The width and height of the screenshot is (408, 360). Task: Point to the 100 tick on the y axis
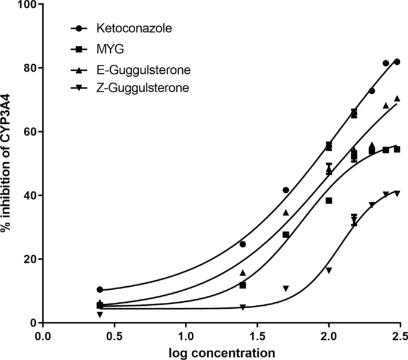26,4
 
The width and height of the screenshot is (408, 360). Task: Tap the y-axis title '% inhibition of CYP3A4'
7,163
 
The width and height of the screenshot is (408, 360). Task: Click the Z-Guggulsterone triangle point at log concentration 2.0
329,270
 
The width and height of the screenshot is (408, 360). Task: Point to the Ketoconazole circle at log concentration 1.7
286,190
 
